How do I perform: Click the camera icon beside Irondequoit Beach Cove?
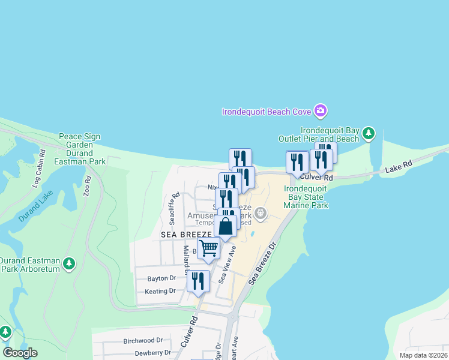[x=320, y=110]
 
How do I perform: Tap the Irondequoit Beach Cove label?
[x=267, y=112]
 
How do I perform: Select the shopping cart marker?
[x=208, y=248]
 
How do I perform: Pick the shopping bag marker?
[x=226, y=226]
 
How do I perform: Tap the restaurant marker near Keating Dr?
[x=198, y=281]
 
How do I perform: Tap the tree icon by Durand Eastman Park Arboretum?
[x=70, y=263]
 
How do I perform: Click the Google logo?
[x=20, y=353]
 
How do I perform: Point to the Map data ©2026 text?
[x=423, y=355]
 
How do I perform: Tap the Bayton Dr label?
[x=161, y=278]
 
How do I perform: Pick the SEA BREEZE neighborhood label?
[x=186, y=234]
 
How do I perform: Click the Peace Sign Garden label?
[x=75, y=140]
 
